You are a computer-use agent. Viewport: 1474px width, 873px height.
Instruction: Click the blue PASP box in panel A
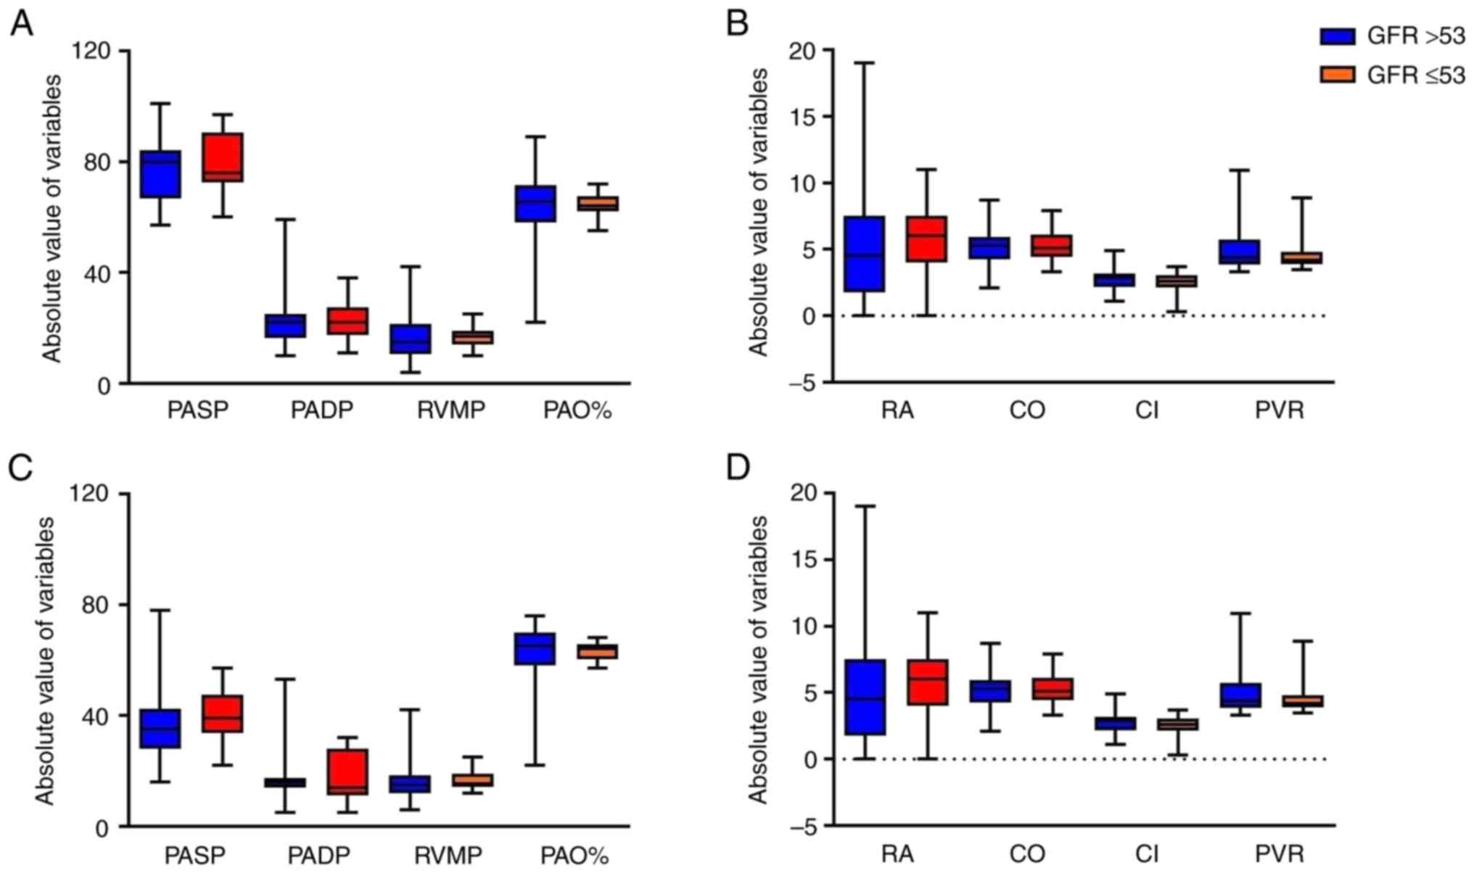pos(160,174)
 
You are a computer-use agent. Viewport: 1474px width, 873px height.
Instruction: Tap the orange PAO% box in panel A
pos(598,204)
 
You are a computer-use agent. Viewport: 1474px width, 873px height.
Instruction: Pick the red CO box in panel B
pos(1052,246)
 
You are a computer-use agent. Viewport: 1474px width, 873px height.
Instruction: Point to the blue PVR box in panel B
pos(1239,252)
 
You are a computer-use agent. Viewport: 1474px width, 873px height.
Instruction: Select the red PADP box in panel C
pos(347,771)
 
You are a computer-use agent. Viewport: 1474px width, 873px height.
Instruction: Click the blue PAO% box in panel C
pos(535,648)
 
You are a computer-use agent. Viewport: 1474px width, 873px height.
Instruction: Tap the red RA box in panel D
pos(927,682)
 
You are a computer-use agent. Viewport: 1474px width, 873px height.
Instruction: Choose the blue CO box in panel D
pos(989,691)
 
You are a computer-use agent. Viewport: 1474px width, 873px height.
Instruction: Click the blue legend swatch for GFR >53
pos(1337,36)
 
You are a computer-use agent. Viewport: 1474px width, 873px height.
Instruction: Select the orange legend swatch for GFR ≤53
pos(1337,74)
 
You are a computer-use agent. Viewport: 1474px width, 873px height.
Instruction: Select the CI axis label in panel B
pos(1147,411)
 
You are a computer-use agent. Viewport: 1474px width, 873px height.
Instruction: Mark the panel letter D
pos(738,468)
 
